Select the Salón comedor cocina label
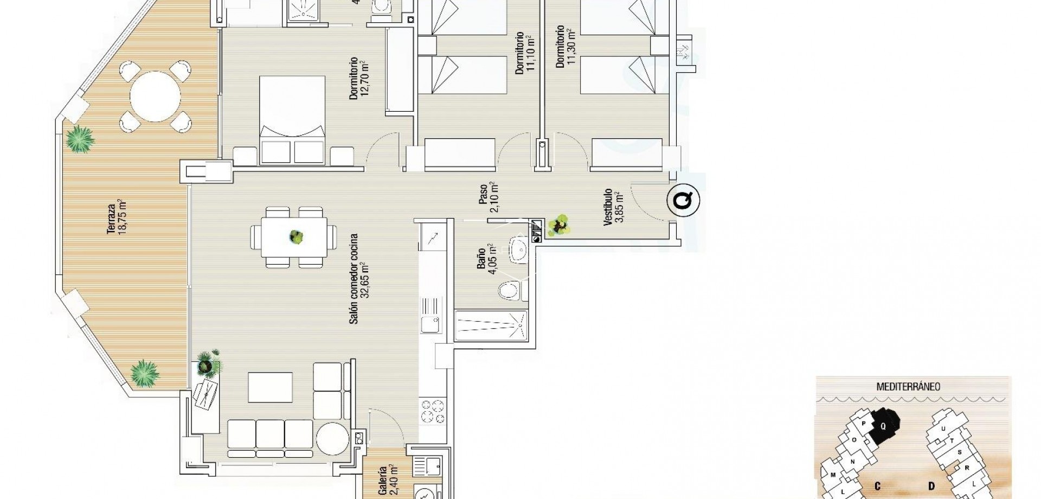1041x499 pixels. tap(359, 278)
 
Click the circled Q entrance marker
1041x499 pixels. tap(683, 200)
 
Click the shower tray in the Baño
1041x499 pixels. tap(491, 325)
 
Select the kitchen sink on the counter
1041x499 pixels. tap(432, 324)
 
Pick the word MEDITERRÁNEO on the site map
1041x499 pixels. tap(908, 387)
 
